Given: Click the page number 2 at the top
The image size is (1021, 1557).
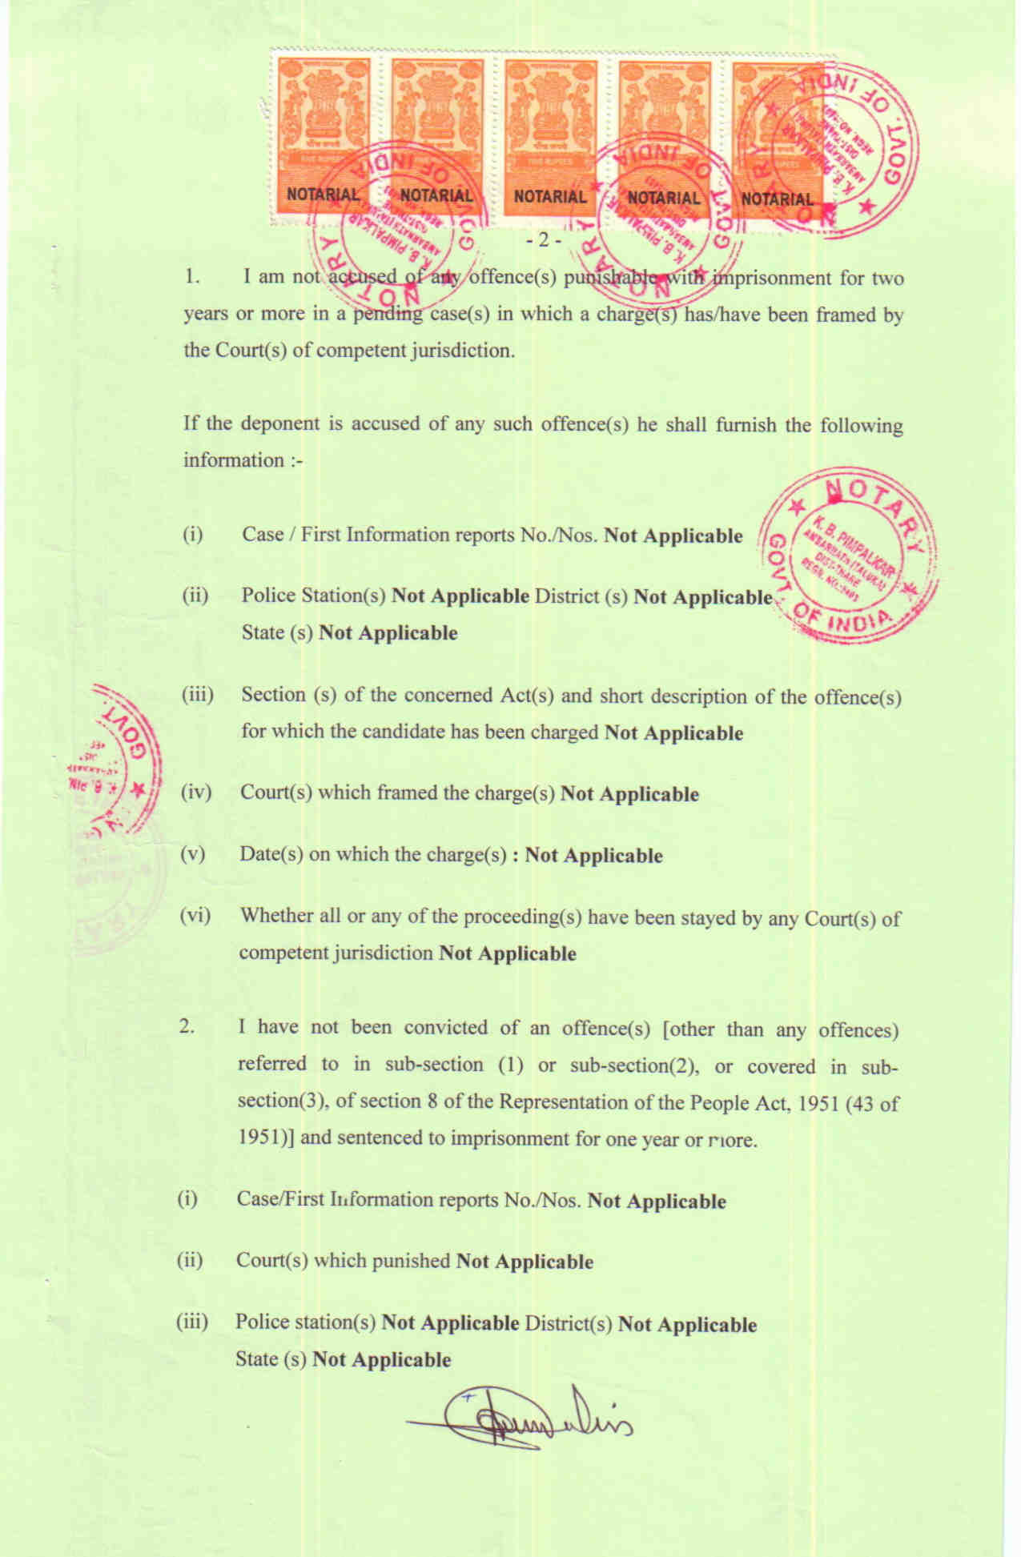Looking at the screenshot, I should click(544, 240).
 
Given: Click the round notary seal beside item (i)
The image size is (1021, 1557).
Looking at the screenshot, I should click(848, 556).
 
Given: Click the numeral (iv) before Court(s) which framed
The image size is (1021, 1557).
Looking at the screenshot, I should click(195, 793).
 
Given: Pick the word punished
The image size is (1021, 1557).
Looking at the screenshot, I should click(413, 1260).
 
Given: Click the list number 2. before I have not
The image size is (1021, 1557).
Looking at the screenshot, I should click(187, 1027).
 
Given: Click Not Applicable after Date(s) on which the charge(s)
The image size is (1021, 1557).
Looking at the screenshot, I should click(593, 856).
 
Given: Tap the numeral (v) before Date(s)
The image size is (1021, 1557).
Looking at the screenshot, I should click(193, 853).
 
